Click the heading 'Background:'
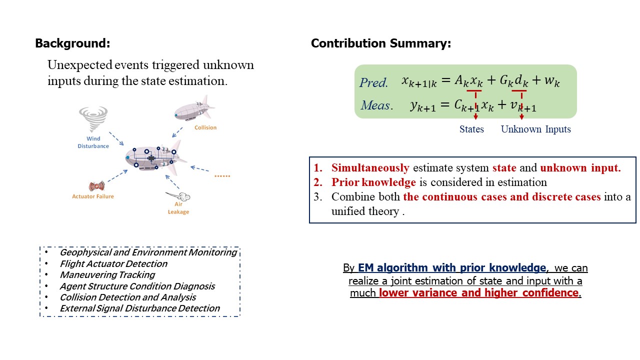coord(72,43)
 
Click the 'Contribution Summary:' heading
coord(381,43)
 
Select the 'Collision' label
coord(205,127)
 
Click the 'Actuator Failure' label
coord(93,196)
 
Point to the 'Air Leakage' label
coord(178,208)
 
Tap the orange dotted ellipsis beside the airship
coord(222,176)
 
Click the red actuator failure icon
coord(96,186)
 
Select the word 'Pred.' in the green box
coord(373,83)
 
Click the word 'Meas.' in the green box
coord(377,105)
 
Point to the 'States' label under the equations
coord(471,129)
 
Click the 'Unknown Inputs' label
coord(535,129)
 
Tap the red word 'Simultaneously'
coord(370,167)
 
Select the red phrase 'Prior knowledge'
coord(373,182)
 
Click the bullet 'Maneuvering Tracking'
coord(107,275)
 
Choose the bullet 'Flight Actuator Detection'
coord(113,263)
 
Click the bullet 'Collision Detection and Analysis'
coord(128,297)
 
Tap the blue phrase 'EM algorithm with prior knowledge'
coord(452,268)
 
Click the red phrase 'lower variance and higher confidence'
coord(479,293)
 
